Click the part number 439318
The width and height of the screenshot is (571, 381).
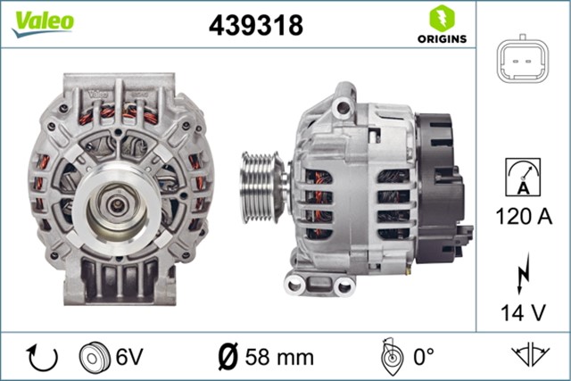[x=256, y=25]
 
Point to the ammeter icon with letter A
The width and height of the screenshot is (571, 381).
[x=523, y=176]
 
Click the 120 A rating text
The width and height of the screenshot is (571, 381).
[x=523, y=215]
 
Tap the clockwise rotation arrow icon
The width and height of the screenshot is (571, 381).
[x=42, y=357]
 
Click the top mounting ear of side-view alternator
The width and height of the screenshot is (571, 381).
[x=341, y=105]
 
